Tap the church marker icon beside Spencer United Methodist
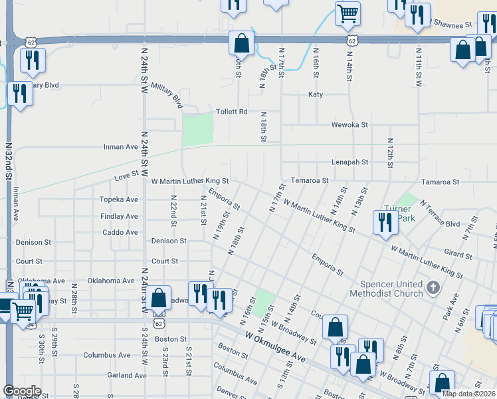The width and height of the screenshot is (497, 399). (433, 288)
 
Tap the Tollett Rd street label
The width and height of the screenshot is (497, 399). (232, 112)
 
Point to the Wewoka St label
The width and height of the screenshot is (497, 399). (350, 124)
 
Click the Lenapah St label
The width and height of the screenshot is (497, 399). (349, 162)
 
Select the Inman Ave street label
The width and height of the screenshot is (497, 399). (120, 147)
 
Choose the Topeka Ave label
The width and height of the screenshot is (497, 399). (119, 199)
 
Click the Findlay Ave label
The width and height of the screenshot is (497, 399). (120, 216)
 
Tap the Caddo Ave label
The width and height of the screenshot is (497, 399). (120, 232)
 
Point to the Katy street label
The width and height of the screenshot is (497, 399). (316, 94)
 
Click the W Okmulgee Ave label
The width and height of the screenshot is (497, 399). (275, 348)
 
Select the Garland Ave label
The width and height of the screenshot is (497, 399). (126, 375)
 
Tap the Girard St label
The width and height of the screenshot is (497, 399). (458, 255)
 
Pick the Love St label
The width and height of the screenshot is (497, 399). (126, 176)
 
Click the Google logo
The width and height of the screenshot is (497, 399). (22, 391)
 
